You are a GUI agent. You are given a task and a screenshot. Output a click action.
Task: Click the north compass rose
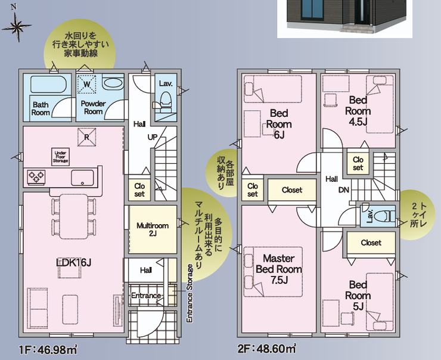(x=17, y=27)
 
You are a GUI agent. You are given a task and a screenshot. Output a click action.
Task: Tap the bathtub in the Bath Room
(x=48, y=84)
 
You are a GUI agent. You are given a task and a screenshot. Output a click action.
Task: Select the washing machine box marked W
(x=87, y=84)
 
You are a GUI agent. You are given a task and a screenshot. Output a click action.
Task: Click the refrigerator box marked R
(x=86, y=137)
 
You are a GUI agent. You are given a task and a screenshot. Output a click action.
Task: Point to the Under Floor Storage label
(x=60, y=157)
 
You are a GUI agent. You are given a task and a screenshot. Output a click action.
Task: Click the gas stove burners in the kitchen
(x=36, y=176)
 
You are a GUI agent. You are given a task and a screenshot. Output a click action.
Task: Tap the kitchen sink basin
(x=82, y=178)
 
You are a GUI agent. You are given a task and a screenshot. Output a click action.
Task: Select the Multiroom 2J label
(x=153, y=229)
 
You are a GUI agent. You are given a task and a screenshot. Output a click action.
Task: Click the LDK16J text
(x=74, y=262)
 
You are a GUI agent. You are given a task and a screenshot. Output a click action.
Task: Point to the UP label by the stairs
(x=153, y=137)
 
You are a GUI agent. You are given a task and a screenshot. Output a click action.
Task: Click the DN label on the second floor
(x=343, y=190)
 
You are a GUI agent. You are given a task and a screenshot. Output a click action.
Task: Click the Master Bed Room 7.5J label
(x=279, y=269)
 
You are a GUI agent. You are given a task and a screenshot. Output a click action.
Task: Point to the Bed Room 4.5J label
(x=358, y=111)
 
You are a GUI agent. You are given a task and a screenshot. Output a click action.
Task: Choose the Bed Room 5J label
(x=358, y=295)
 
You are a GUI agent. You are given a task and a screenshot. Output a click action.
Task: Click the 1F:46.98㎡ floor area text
(x=48, y=350)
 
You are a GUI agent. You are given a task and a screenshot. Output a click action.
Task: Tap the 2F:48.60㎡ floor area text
(x=266, y=349)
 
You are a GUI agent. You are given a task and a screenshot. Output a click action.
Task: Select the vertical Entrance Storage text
(x=190, y=293)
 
